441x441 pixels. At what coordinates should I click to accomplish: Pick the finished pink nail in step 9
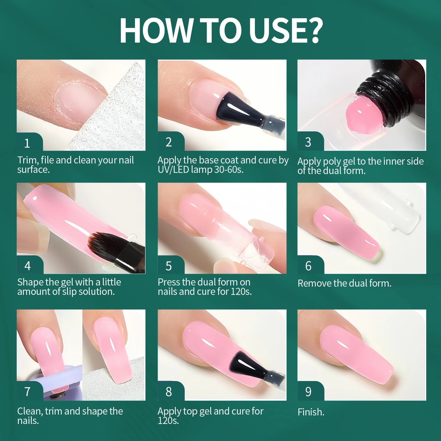356,353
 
